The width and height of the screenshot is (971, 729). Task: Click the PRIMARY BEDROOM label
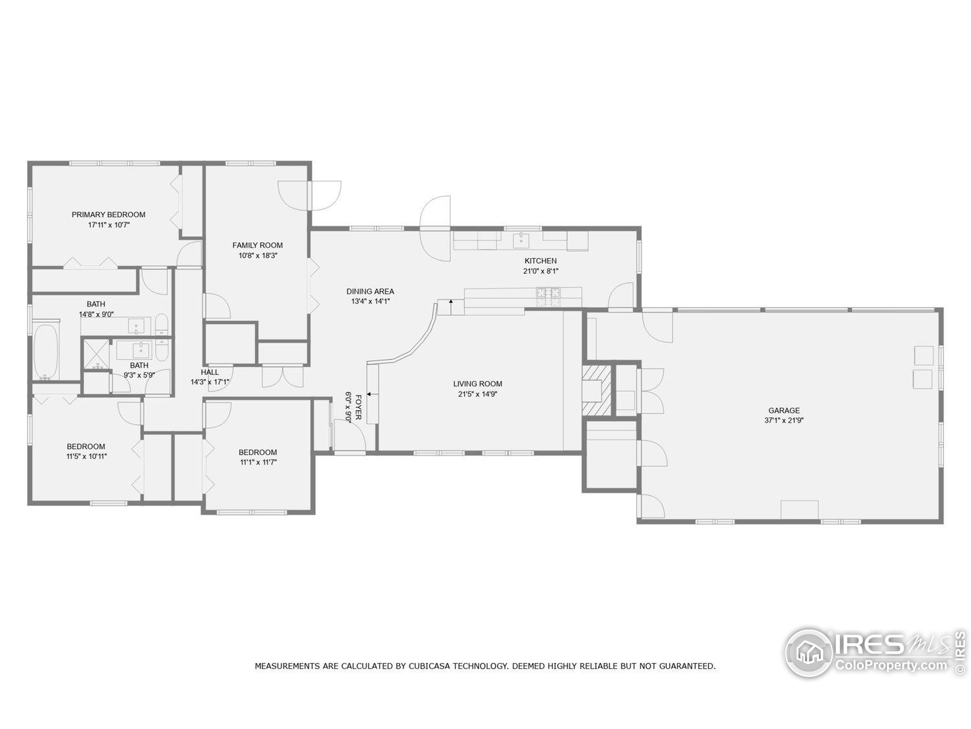108,215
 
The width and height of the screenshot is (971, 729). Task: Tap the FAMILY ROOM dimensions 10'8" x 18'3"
258,255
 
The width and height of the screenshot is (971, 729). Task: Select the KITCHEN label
540,260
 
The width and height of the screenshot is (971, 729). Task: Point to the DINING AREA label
370,291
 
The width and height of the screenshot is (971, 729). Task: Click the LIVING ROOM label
478,383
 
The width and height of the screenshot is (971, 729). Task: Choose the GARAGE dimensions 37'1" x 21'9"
784,420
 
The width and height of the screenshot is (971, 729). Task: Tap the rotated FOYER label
358,407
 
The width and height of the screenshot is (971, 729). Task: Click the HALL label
210,372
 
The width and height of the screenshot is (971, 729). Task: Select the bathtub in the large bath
46,352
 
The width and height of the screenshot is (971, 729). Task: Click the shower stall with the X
96,354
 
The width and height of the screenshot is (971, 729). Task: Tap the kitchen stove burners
548,297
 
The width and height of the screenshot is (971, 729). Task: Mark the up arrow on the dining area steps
451,302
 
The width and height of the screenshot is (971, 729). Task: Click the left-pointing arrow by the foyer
369,394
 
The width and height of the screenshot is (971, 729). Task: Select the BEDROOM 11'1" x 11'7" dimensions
258,462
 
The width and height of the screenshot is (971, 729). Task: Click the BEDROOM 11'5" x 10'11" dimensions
86,456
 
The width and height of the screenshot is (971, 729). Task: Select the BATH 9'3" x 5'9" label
139,365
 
